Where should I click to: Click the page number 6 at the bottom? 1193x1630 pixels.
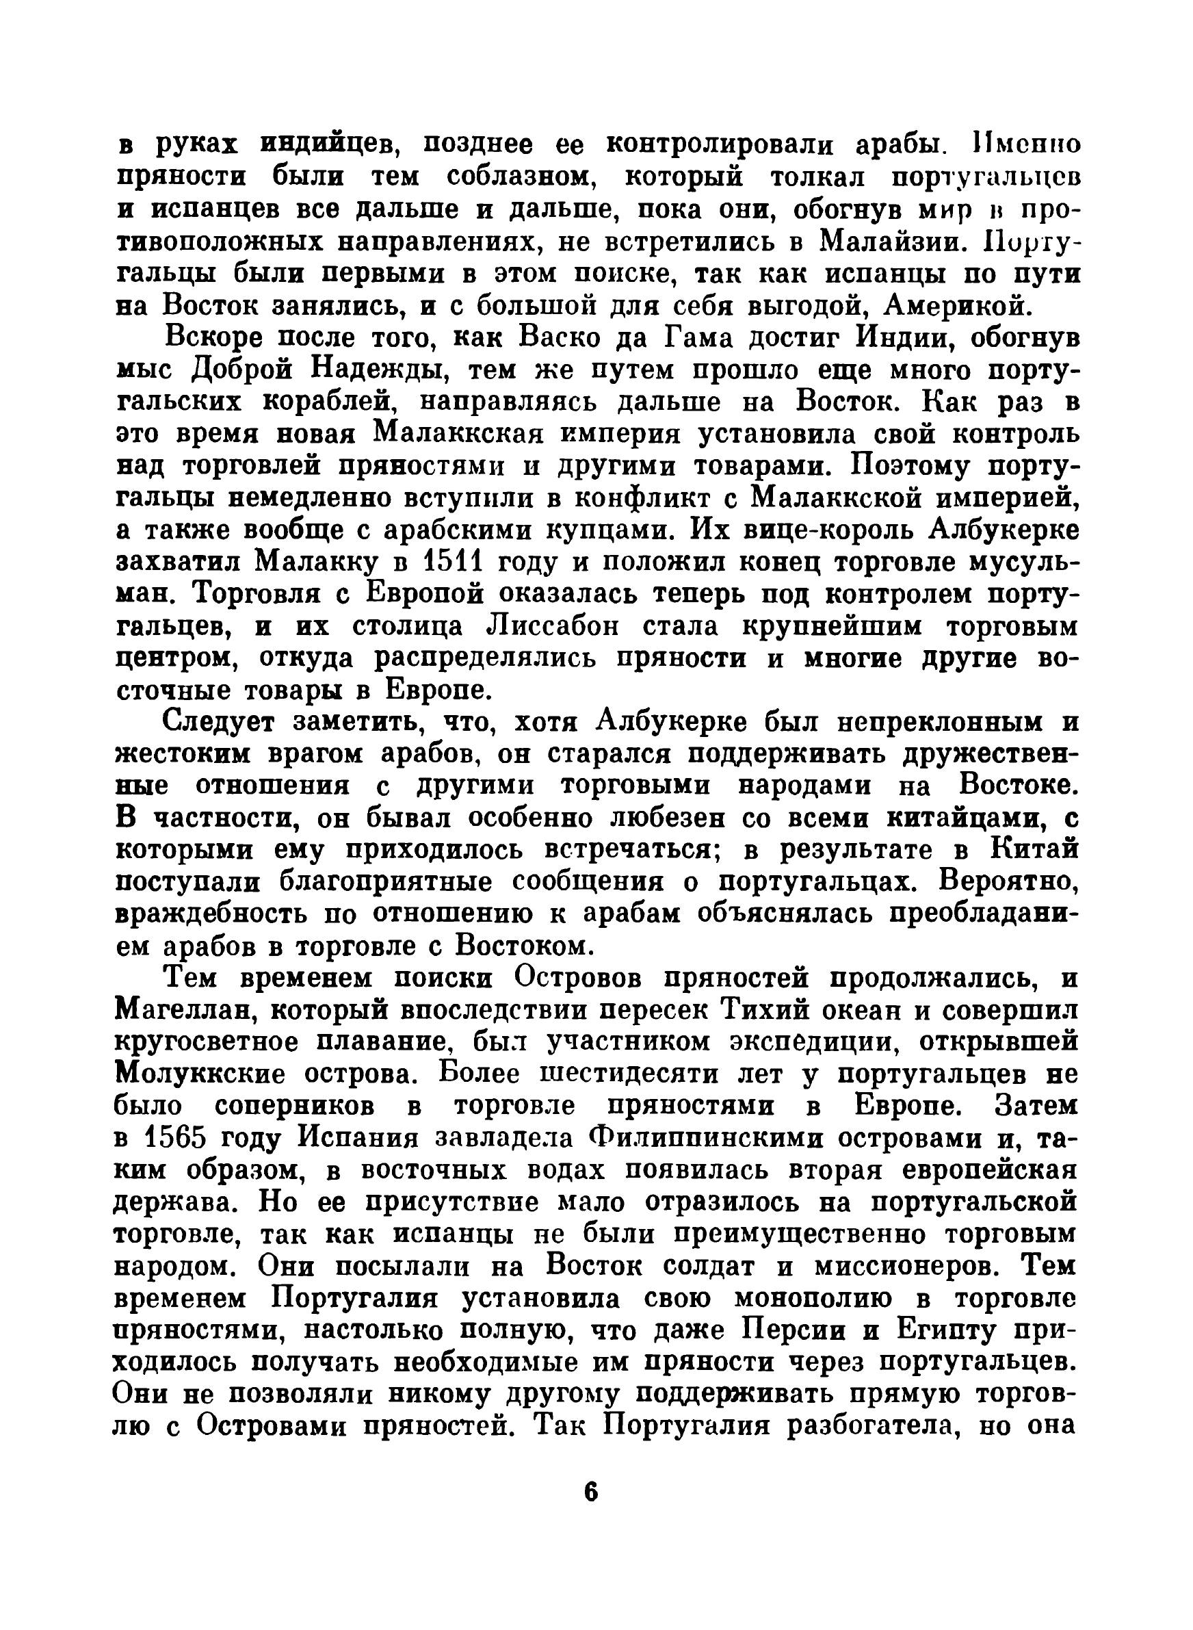coord(592,1491)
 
